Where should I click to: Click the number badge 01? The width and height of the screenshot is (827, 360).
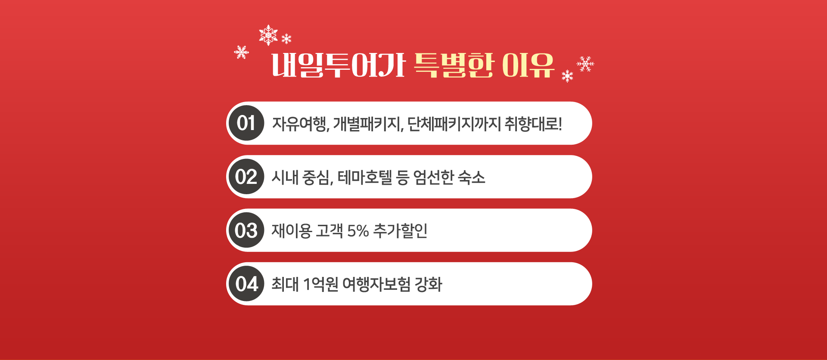click(x=246, y=123)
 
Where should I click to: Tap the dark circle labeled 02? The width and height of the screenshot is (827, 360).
click(x=246, y=177)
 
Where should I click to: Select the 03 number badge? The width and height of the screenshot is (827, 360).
click(x=246, y=230)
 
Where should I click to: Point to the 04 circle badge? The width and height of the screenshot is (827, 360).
click(x=246, y=284)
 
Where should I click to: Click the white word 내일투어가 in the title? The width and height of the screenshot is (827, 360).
click(x=339, y=65)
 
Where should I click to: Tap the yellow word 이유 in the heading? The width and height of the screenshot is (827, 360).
click(x=529, y=65)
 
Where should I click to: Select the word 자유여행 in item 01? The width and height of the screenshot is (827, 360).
click(x=299, y=124)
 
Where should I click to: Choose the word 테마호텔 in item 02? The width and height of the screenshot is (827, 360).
click(x=365, y=177)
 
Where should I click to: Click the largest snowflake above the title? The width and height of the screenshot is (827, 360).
click(x=268, y=35)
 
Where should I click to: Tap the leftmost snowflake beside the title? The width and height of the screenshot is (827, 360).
click(x=242, y=52)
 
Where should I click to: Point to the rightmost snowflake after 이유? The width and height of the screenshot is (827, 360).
click(x=585, y=64)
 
